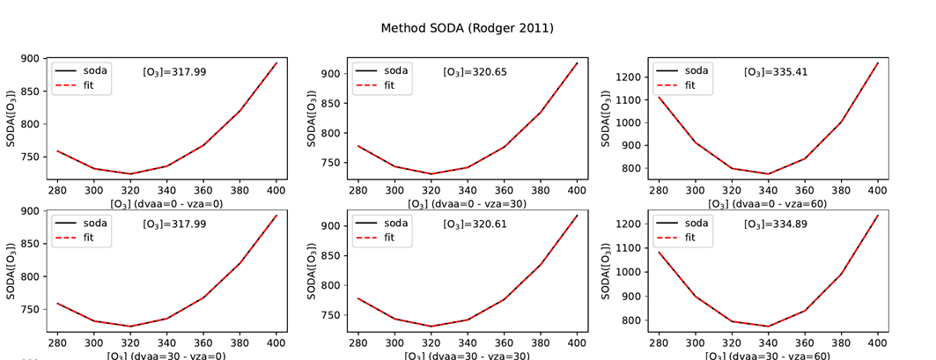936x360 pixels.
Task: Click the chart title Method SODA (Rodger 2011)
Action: [x=467, y=28]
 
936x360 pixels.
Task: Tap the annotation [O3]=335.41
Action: [x=775, y=71]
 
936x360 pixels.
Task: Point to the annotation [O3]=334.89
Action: [x=775, y=224]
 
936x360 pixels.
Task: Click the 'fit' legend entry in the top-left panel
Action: [x=89, y=86]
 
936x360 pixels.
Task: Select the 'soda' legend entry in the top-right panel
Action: [x=696, y=70]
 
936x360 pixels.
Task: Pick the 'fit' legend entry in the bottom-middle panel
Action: [x=391, y=239]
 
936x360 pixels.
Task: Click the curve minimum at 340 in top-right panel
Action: [x=768, y=173]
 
